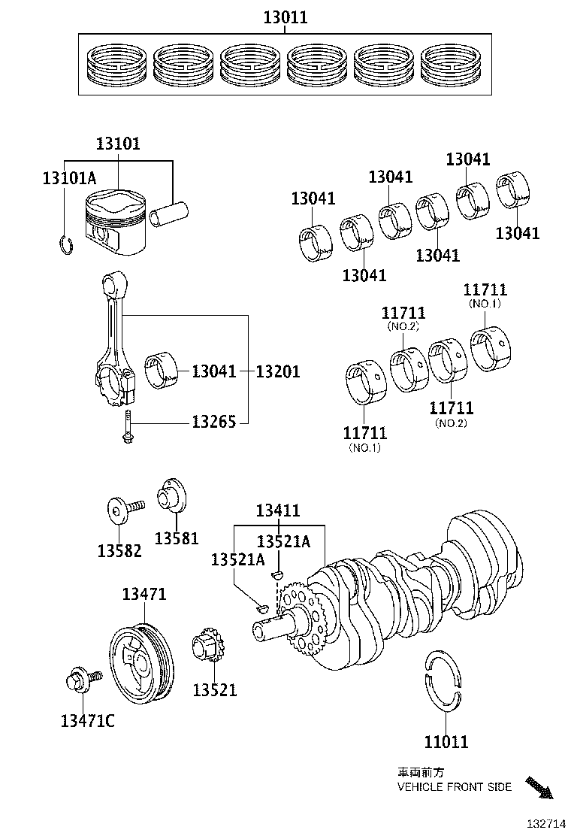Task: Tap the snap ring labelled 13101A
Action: coord(65,244)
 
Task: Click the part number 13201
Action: coord(278,371)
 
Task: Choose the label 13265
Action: coord(214,422)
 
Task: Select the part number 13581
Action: coord(177,538)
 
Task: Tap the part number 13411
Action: coord(278,511)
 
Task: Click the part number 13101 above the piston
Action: coord(117,144)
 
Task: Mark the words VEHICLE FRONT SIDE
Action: coord(455,787)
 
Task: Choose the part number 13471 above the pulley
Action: coord(144,595)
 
